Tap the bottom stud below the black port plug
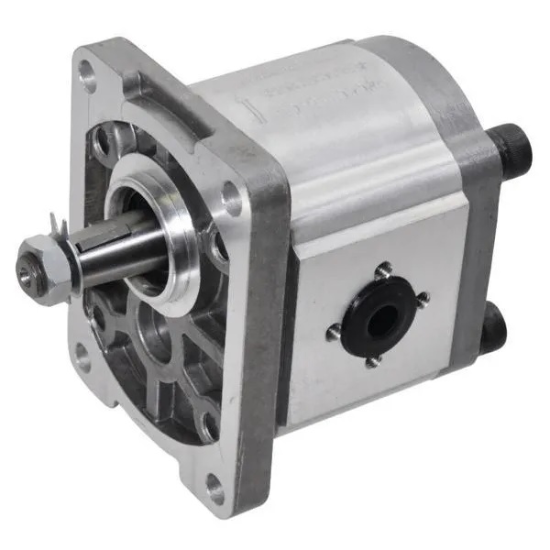pyautogui.click(x=371, y=362)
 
